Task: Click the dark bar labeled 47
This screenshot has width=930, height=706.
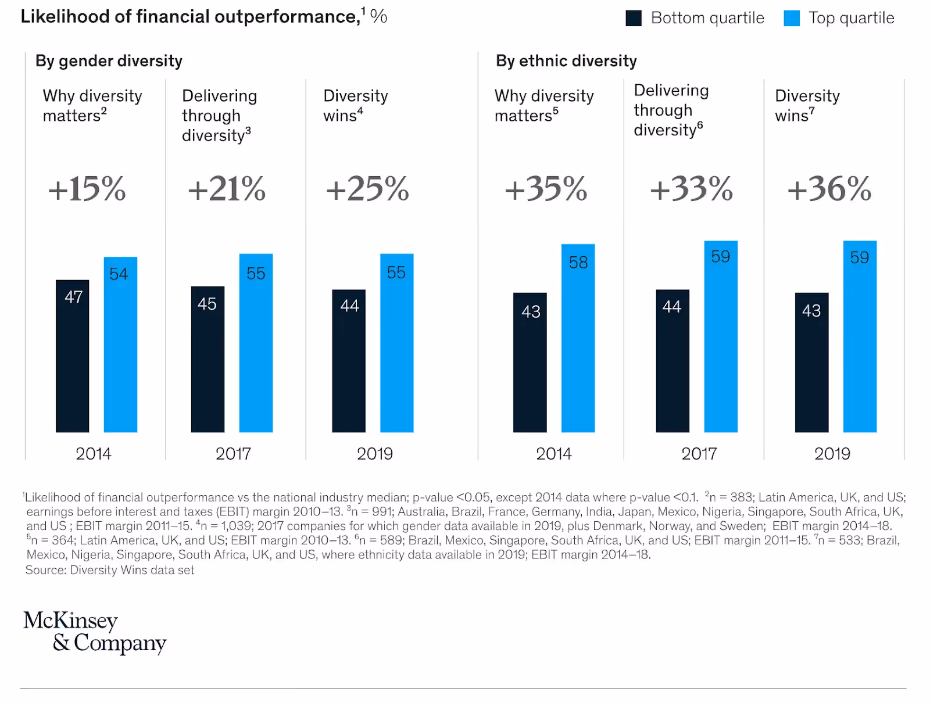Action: click(72, 356)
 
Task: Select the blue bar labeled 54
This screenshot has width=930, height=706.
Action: click(120, 344)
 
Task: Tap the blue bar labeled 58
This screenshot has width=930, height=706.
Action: click(578, 338)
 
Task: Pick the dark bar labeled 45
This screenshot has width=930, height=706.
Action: click(208, 359)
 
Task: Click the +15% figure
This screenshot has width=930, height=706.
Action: click(87, 189)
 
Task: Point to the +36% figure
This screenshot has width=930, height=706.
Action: click(829, 189)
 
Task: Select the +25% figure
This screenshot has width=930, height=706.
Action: click(367, 189)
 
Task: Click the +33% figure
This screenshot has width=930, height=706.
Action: click(691, 189)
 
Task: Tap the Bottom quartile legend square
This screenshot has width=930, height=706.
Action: click(634, 18)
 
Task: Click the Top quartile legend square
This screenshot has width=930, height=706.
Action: click(792, 18)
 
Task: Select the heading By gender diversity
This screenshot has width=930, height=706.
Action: click(109, 61)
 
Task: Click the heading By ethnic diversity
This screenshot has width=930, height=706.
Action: click(566, 61)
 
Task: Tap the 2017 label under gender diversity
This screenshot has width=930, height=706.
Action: click(233, 454)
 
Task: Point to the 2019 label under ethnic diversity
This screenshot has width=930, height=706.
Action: click(832, 454)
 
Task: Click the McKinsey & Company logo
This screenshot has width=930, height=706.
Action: click(94, 632)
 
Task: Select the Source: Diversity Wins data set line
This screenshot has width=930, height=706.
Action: click(110, 570)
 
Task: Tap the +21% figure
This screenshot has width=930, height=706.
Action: click(227, 189)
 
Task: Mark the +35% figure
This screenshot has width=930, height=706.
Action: click(546, 189)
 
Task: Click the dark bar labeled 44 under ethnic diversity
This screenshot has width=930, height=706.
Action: click(673, 360)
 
